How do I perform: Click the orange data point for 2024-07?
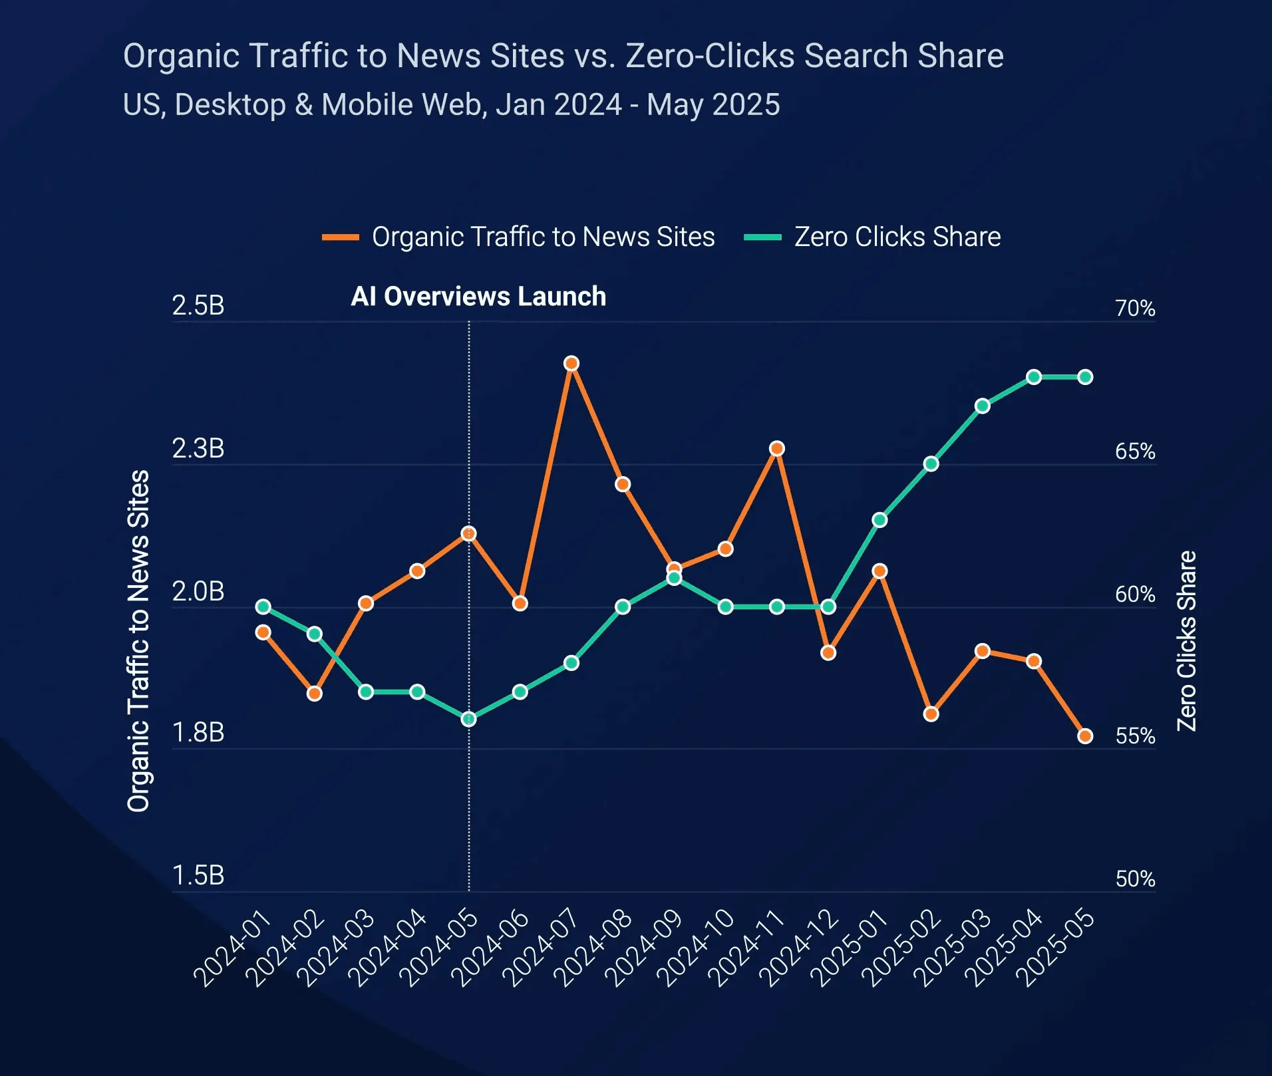tap(571, 364)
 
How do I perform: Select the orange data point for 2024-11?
tap(776, 449)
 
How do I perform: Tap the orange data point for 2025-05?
tap(1085, 736)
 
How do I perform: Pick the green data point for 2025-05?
tap(1085, 377)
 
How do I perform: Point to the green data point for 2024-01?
tap(263, 606)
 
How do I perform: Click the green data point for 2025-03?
tap(983, 406)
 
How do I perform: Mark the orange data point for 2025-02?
tap(931, 714)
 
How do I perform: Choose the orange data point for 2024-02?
tap(315, 694)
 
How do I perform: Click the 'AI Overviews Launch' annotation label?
tap(478, 297)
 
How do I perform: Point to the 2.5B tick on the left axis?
tap(198, 306)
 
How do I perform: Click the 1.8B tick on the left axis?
tap(198, 733)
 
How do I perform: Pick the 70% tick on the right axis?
tap(1135, 309)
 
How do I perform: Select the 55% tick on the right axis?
tap(1135, 736)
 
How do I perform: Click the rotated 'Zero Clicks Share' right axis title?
tap(1188, 641)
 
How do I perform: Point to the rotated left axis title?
tap(138, 641)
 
